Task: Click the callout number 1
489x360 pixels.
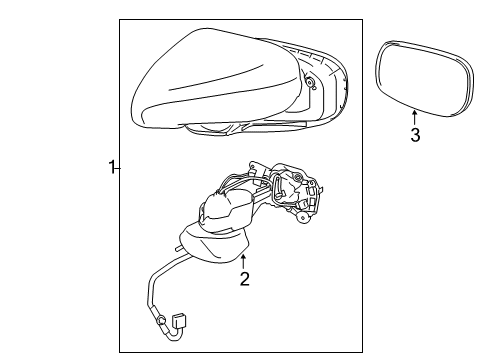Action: tap(111, 167)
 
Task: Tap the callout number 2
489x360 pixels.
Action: tap(245, 279)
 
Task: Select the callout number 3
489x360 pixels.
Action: tap(415, 135)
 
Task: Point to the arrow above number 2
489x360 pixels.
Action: tap(244, 261)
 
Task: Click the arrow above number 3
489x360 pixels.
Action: tap(414, 118)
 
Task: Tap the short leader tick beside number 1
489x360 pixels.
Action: tap(117, 169)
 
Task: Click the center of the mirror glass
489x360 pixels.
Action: tap(424, 79)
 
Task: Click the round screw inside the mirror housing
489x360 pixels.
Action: tap(311, 82)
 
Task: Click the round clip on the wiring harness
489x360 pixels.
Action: tap(162, 320)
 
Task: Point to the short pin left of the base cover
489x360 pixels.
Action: tap(179, 248)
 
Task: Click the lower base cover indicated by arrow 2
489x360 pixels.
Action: tap(214, 244)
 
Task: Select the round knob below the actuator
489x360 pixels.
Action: tap(303, 218)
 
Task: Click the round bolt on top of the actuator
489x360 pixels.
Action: tap(297, 175)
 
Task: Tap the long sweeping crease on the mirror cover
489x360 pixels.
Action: tap(217, 77)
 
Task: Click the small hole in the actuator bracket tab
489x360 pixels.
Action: tap(252, 165)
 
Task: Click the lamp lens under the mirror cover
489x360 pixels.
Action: tap(210, 128)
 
